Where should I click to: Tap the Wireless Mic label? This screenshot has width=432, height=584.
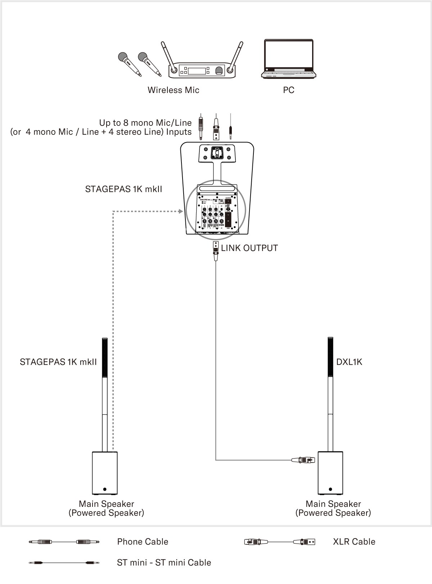point(173,90)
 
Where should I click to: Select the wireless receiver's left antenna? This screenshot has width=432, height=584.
point(168,56)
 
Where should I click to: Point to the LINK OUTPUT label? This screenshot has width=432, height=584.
point(249,248)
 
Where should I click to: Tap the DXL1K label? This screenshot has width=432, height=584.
point(349,362)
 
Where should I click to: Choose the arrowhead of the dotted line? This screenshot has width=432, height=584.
point(181,211)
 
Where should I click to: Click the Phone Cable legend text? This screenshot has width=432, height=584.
point(143,541)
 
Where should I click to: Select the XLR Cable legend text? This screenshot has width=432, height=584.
point(354,541)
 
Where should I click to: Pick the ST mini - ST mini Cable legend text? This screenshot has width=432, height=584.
point(164,562)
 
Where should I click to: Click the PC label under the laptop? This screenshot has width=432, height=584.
point(289,90)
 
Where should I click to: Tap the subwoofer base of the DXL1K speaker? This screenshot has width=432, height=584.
point(330,473)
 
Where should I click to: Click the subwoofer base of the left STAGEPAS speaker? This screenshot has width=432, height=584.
point(105,473)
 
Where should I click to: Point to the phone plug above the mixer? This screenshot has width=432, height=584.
point(200,127)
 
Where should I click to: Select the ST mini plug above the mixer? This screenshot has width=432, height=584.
point(230,128)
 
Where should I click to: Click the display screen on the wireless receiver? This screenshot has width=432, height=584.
point(197,70)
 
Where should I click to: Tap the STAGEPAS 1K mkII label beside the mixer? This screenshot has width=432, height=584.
point(123,189)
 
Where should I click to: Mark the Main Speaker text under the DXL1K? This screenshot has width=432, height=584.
point(333,504)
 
